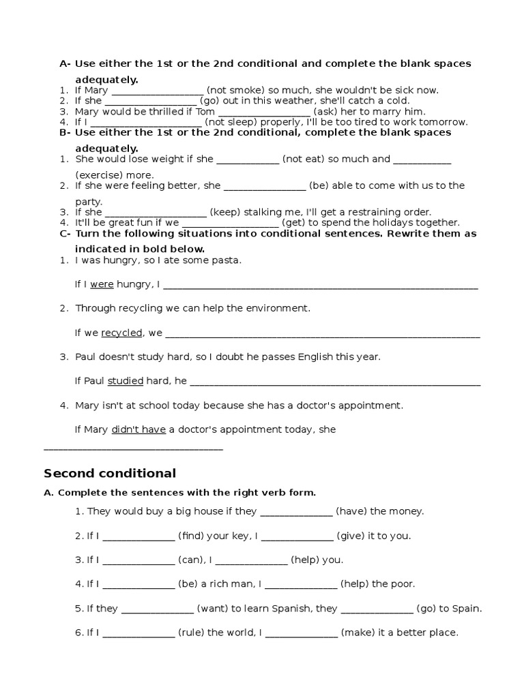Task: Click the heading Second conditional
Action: [x=110, y=474]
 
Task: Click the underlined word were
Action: [x=102, y=284]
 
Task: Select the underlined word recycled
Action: [x=122, y=333]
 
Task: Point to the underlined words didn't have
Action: [x=139, y=429]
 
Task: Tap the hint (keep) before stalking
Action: [x=223, y=212]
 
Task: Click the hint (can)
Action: [x=191, y=560]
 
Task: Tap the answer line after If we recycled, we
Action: [x=323, y=335]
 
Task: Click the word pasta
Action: [x=229, y=260]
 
